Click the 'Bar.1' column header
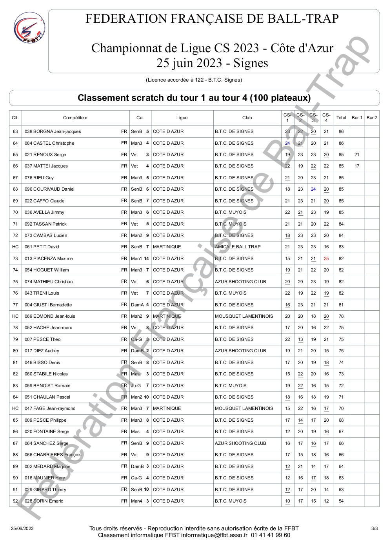356,118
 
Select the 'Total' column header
341,118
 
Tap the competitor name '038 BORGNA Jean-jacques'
53,131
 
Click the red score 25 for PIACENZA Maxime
326,259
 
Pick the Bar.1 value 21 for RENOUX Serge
356,155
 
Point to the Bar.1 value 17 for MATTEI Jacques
356,166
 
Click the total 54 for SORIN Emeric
341,501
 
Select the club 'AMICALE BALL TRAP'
238,247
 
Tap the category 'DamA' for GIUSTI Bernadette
137,305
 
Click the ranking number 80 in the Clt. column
15,351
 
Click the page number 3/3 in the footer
374,528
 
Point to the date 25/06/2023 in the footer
22,528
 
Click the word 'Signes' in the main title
251,63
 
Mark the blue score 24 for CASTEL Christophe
287,143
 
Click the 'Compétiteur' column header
75,118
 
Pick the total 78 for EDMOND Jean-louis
341,316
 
